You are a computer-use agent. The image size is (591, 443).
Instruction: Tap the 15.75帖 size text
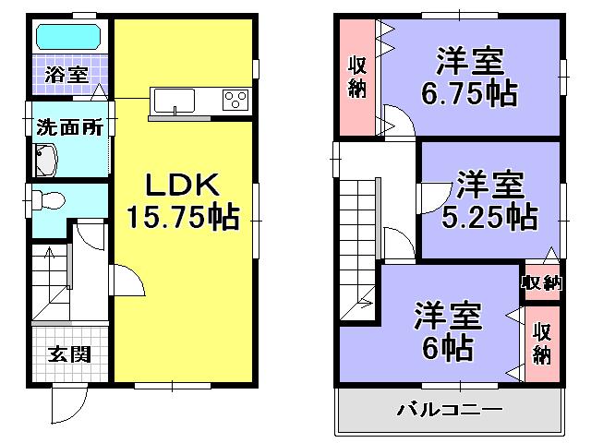click(183, 218)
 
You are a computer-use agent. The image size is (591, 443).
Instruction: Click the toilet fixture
click(49, 198)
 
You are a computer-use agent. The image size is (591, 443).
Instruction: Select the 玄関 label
click(66, 354)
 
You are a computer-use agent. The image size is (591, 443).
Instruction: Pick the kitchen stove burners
click(235, 99)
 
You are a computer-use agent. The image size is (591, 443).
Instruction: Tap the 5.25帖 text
click(489, 217)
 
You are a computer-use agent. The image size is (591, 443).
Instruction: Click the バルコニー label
click(449, 408)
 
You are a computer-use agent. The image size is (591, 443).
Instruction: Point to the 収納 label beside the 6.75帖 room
click(356, 77)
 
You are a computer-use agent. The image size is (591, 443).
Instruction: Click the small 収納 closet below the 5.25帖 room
click(541, 282)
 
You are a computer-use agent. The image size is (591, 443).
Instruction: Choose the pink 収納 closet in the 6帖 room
click(542, 341)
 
